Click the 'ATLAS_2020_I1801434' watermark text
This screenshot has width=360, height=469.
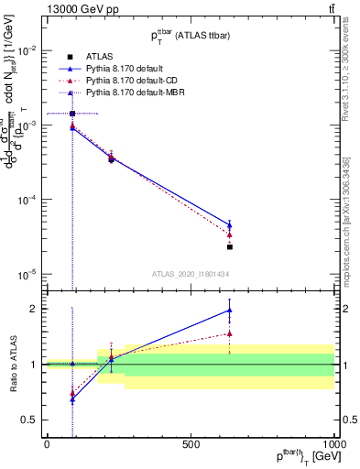tap(190, 274)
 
